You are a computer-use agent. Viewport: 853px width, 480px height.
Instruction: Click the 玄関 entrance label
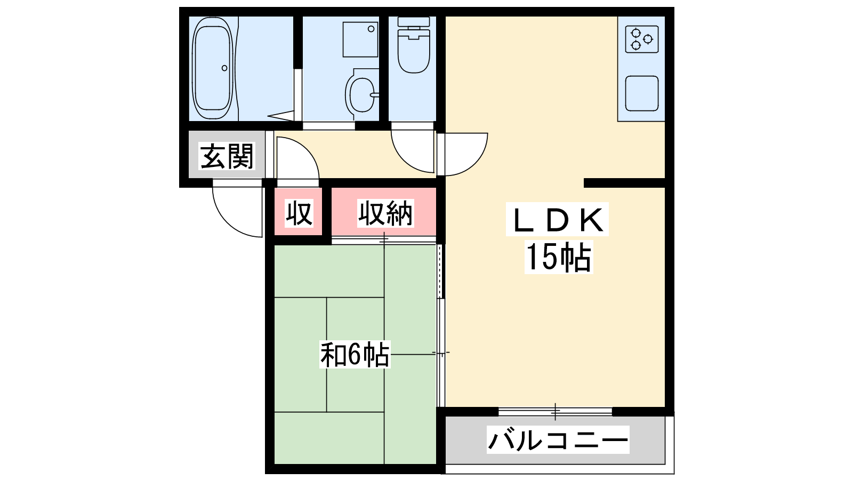[x=227, y=156]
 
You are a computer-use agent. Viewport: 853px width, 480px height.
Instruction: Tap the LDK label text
[x=558, y=220]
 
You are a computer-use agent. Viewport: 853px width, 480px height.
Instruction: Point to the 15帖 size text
[x=559, y=257]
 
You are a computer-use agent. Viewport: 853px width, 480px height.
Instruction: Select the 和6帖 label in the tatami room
[x=355, y=355]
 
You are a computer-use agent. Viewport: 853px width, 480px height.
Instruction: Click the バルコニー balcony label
[x=558, y=441]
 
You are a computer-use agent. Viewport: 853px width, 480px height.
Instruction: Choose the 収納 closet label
[x=385, y=213]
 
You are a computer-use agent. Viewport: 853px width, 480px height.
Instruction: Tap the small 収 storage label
[x=299, y=213]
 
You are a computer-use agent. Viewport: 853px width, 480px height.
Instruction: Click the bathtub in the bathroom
[x=213, y=68]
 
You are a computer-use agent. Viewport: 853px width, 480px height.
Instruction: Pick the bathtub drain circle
[x=224, y=68]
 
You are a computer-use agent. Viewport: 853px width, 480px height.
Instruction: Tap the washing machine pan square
[x=360, y=39]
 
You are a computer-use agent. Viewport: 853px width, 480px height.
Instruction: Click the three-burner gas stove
[x=642, y=39]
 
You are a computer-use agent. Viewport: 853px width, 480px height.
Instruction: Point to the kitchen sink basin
[x=642, y=94]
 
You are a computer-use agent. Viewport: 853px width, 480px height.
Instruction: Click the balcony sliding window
[x=555, y=411]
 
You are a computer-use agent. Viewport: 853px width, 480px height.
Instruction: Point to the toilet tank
[x=414, y=22]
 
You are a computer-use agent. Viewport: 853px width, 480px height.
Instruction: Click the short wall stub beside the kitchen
[x=624, y=183]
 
